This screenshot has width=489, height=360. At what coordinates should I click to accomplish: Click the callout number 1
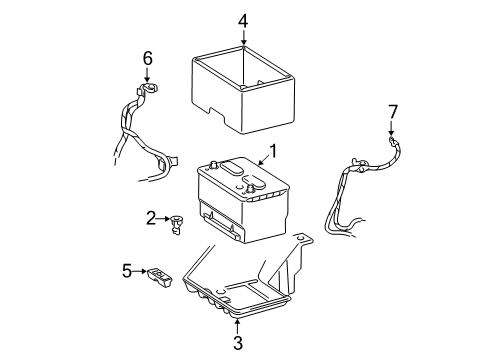(x=273, y=151)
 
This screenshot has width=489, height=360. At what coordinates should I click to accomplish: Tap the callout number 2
(x=151, y=218)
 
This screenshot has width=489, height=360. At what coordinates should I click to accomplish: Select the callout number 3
(x=237, y=343)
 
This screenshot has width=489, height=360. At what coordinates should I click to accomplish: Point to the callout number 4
(x=243, y=22)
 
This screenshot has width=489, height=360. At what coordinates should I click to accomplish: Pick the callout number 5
(x=127, y=271)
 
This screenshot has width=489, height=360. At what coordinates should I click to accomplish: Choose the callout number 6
(x=148, y=59)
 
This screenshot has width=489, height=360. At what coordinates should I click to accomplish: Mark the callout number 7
(x=393, y=112)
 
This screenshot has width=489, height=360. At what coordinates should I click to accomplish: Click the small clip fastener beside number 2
(x=175, y=225)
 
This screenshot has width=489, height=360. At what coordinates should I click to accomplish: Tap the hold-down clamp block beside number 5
(x=160, y=277)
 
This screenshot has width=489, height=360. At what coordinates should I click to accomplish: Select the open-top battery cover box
(x=243, y=90)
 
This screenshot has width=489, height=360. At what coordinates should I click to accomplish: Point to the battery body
(x=243, y=199)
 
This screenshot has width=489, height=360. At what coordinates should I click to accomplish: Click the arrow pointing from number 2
(x=163, y=219)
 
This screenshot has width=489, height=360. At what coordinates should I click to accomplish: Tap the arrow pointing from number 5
(x=139, y=271)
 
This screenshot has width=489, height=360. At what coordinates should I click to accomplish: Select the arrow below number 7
(x=391, y=129)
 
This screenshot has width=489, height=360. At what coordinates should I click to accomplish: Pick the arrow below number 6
(x=147, y=74)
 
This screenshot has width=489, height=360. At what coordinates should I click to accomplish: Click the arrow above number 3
(x=237, y=327)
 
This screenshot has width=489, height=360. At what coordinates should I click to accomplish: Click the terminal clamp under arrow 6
(x=147, y=89)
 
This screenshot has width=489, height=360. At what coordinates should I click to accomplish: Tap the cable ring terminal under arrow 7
(x=392, y=140)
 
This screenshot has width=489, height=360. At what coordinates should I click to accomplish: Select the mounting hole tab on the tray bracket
(x=302, y=239)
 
